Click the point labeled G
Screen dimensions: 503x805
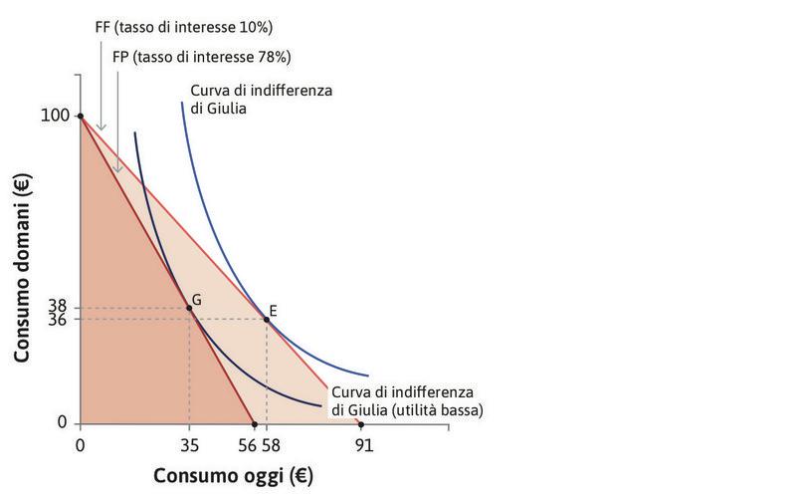click(x=189, y=308)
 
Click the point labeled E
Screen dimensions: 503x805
click(x=266, y=319)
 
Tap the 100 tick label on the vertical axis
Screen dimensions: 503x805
click(x=55, y=116)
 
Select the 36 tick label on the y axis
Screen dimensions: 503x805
click(x=58, y=321)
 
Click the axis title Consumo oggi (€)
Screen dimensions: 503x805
click(x=233, y=476)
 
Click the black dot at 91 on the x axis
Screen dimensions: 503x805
click(x=360, y=424)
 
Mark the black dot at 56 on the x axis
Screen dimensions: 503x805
click(x=255, y=424)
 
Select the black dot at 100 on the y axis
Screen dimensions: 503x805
click(x=80, y=117)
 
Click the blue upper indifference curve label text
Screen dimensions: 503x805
click(x=261, y=99)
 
